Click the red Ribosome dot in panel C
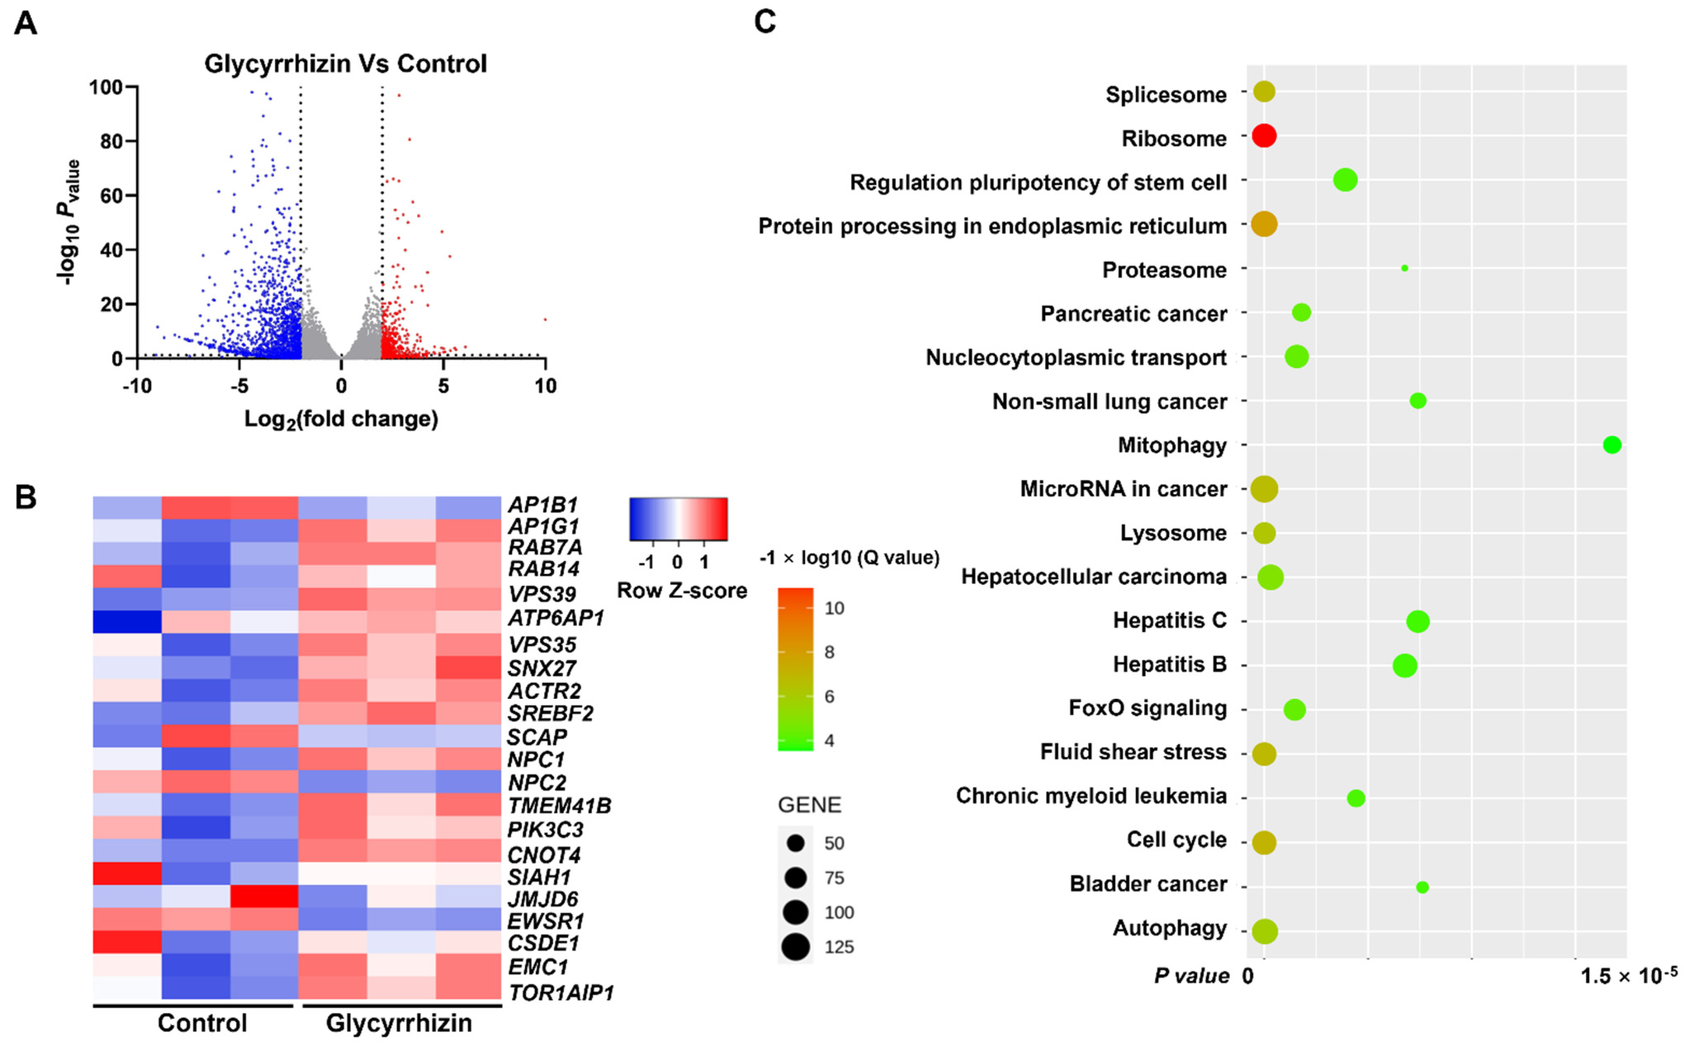[1264, 136]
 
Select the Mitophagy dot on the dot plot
[1612, 445]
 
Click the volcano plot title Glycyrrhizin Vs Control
[345, 64]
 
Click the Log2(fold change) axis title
[341, 419]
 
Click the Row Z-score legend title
[682, 591]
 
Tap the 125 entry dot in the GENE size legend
[796, 946]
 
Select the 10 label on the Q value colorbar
[834, 608]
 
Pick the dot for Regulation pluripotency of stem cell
[1345, 180]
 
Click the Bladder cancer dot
[1422, 887]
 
